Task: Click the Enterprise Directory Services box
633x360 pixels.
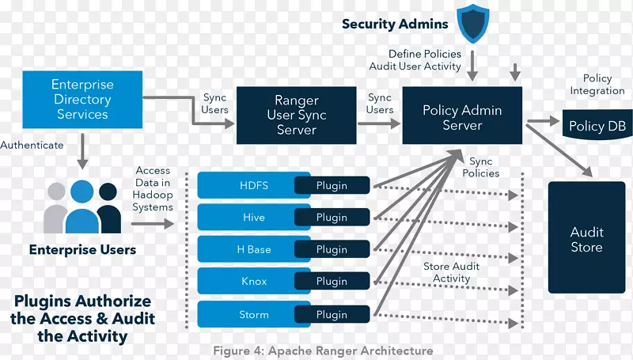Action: point(82,100)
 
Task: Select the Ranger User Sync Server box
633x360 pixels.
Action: point(296,115)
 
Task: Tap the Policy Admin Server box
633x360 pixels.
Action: point(462,118)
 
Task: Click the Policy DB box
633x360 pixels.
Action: point(597,127)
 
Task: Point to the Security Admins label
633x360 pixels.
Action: point(395,24)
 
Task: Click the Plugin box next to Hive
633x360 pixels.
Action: point(332,218)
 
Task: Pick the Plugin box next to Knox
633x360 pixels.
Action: point(332,281)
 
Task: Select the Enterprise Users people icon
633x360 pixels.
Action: point(83,207)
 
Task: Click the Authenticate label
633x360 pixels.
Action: point(32,146)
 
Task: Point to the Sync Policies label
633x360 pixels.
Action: point(480,167)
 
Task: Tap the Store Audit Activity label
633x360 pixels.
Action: point(451,272)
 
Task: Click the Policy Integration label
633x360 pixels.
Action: point(597,85)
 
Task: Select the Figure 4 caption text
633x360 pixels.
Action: point(323,351)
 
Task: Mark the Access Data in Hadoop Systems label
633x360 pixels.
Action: point(153,188)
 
